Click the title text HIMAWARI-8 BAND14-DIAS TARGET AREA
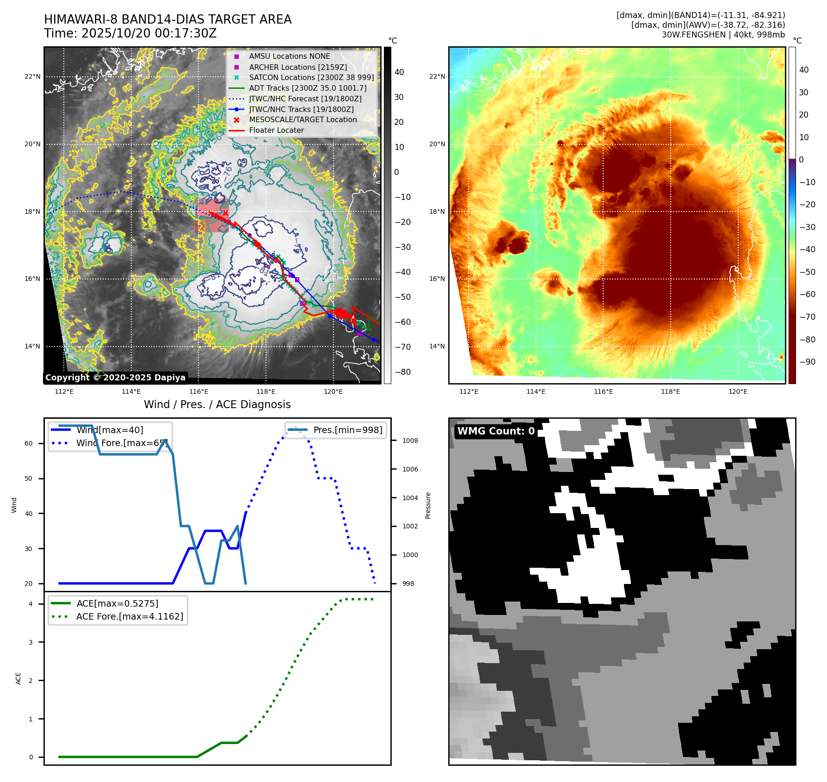[x=167, y=19]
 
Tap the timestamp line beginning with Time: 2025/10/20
[x=130, y=33]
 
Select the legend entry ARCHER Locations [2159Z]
[x=297, y=67]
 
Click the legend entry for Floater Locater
[x=276, y=130]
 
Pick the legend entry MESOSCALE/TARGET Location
[x=302, y=120]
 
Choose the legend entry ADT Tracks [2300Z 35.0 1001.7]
[x=308, y=88]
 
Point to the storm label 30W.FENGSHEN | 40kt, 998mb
[x=723, y=35]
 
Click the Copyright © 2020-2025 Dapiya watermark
[x=115, y=378]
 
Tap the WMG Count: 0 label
[x=495, y=431]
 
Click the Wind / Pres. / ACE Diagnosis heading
[x=217, y=404]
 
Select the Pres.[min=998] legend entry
[x=347, y=430]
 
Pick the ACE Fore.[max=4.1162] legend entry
[x=130, y=616]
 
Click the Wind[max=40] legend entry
[x=110, y=430]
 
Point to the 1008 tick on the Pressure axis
[x=410, y=441]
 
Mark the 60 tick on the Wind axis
[x=29, y=443]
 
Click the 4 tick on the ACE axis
[x=31, y=604]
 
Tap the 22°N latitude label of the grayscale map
[x=32, y=77]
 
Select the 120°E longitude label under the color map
[x=738, y=391]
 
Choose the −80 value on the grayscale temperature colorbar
[x=402, y=372]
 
